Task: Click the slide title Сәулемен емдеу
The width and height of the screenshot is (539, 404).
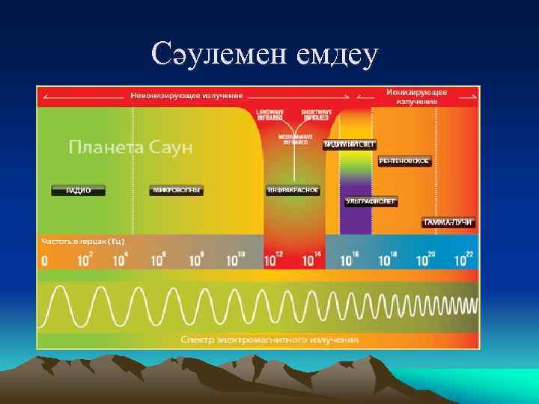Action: [x=265, y=54]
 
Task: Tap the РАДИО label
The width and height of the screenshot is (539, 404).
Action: [x=79, y=191]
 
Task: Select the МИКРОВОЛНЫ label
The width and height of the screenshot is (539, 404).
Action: [x=177, y=190]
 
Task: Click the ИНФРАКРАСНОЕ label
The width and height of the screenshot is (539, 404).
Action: [x=293, y=190]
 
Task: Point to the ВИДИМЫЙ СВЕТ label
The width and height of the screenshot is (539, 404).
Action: [x=349, y=144]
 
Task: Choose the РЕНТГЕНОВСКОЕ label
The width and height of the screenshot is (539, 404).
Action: [x=405, y=161]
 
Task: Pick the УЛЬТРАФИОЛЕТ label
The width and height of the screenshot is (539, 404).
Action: [x=371, y=201]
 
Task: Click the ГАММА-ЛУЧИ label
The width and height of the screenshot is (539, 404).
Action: [x=448, y=222]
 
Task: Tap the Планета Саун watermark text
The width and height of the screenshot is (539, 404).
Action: [x=131, y=147]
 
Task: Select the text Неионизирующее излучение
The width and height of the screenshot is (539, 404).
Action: [x=186, y=96]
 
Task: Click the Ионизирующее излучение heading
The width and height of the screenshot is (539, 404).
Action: [x=417, y=97]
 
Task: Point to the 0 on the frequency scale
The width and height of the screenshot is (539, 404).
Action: [x=44, y=261]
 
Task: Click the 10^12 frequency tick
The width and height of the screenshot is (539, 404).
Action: [x=274, y=260]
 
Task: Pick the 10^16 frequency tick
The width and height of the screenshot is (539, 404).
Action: [x=350, y=260]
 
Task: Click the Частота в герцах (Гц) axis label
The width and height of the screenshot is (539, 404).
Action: [x=83, y=242]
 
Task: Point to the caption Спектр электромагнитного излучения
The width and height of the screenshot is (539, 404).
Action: [x=269, y=339]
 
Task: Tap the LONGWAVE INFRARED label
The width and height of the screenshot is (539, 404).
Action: [x=269, y=114]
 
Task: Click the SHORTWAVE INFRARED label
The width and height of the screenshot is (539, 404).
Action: [x=314, y=114]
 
